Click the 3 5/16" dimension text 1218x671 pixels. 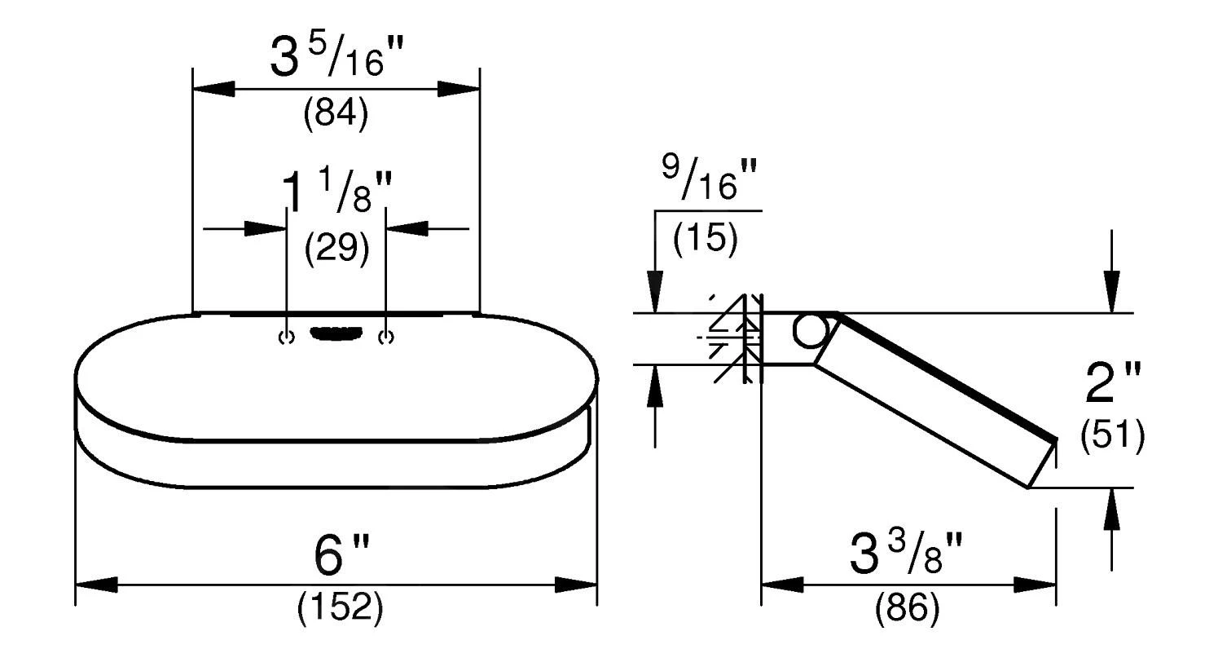click(337, 56)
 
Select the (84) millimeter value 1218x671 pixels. click(336, 114)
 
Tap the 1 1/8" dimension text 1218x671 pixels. click(337, 191)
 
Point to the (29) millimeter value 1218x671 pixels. click(337, 249)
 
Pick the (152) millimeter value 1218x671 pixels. click(341, 607)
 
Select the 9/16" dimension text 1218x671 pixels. click(710, 177)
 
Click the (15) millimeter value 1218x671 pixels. click(706, 239)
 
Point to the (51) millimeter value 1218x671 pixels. click(1113, 435)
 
